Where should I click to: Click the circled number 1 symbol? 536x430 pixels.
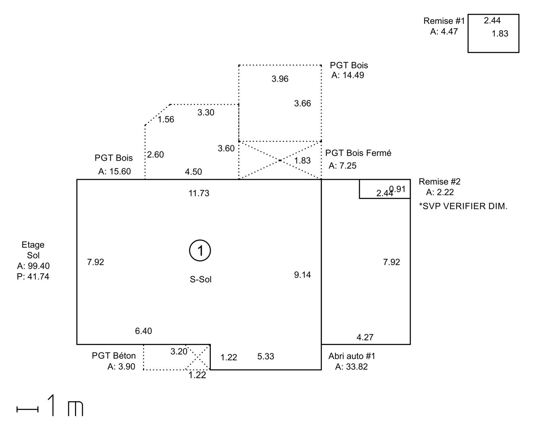coord(200,250)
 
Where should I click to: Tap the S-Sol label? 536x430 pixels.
coord(201,279)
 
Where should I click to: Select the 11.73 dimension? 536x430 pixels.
coord(199,193)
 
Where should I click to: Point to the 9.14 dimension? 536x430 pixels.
coord(303,275)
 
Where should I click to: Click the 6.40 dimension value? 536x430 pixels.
coord(143,331)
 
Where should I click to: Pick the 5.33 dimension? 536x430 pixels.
coord(266,357)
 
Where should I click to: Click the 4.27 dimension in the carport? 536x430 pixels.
coord(365,337)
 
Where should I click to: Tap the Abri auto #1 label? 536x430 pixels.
coord(352,356)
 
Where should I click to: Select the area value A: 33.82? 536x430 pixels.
coord(351,367)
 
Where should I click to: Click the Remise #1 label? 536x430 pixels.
coord(444,21)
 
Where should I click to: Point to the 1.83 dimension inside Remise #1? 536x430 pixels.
coord(499,33)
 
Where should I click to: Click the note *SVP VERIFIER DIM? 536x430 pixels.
coord(463,206)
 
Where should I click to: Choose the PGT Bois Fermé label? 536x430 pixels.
coord(358,153)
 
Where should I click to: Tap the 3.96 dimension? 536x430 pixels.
coord(280,79)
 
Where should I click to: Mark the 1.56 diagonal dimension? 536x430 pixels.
coord(166,120)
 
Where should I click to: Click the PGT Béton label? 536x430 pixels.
coord(114,356)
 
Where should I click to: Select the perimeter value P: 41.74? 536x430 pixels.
coord(33,277)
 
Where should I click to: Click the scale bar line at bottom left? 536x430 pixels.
coord(27,409)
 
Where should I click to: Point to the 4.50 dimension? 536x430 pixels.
coord(193,172)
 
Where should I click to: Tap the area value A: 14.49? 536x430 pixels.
coord(348,75)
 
